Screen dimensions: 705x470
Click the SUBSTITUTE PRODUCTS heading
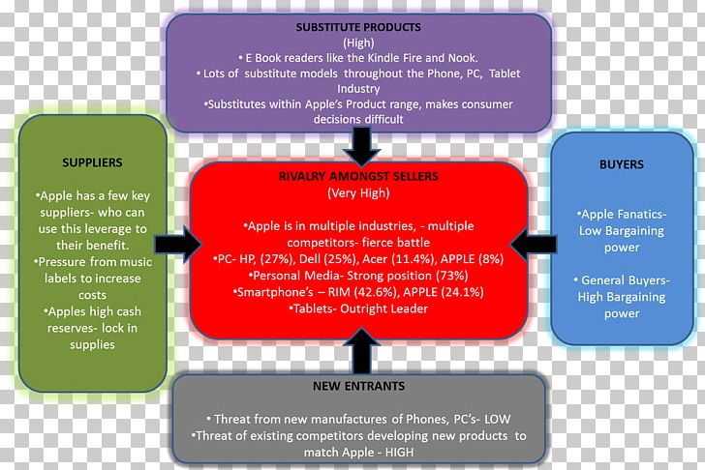coord(358,27)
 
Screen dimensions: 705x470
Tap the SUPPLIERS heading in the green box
coord(92,162)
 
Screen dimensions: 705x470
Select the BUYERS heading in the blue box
coord(622,164)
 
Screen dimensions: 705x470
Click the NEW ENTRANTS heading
coord(358,386)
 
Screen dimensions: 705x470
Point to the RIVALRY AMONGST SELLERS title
coord(358,176)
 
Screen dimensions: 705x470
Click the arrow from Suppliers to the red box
coord(178,245)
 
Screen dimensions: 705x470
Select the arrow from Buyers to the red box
coord(534,245)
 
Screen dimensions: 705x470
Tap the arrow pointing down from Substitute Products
coord(362,147)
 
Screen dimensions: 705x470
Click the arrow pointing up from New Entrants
coord(362,351)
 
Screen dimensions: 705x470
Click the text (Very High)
coord(358,193)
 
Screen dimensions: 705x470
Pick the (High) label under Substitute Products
coord(358,43)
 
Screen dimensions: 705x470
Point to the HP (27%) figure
coord(257,259)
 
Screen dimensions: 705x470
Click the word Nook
coord(462,58)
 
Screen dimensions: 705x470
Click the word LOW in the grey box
coord(498,420)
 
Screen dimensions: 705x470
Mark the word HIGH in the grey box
coord(399,452)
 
